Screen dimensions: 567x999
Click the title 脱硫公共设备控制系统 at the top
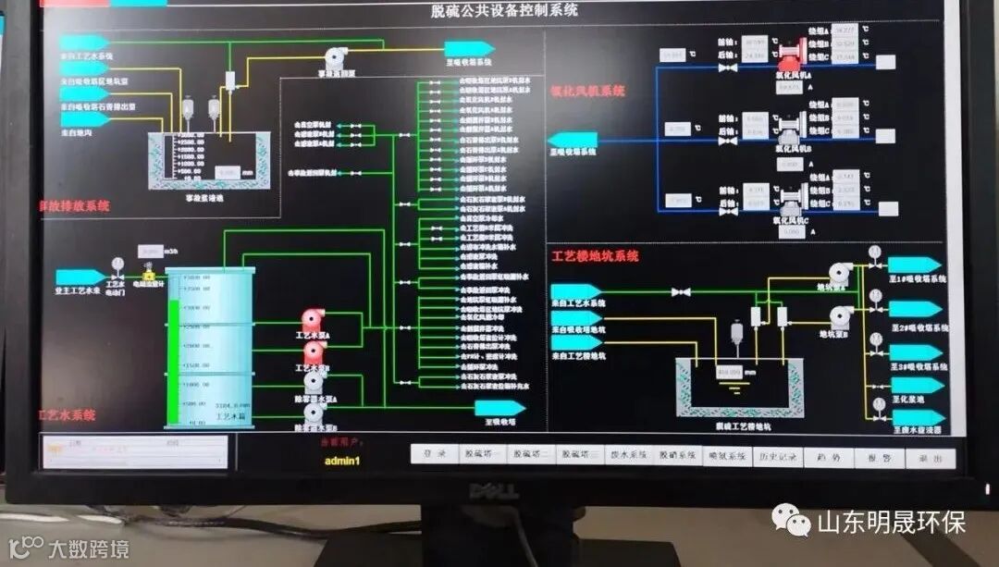[503, 10]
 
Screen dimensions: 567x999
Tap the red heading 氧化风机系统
[587, 91]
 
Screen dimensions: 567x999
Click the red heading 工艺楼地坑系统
[595, 256]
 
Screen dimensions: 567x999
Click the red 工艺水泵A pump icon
[314, 320]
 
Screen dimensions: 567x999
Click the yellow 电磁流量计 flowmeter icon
[148, 275]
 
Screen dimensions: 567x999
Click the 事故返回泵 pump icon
[336, 57]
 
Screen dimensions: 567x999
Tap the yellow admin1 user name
[341, 461]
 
